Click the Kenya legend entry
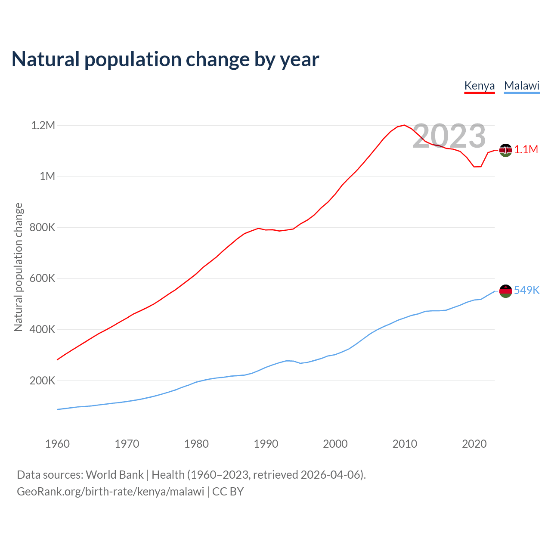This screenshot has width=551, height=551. (480, 86)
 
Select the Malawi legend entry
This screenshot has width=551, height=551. (522, 86)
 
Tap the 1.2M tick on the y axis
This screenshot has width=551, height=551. (43, 125)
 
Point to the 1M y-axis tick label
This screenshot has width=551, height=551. (47, 176)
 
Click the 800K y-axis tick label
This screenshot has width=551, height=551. (42, 227)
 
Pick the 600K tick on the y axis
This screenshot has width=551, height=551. (42, 278)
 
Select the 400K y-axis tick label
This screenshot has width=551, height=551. (42, 329)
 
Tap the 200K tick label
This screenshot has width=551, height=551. (42, 381)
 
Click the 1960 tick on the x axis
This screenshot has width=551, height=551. (57, 444)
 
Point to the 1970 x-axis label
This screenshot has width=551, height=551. (127, 444)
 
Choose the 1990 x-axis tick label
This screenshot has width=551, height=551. (266, 444)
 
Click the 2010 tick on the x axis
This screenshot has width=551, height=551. (405, 444)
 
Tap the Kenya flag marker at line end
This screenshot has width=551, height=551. (505, 150)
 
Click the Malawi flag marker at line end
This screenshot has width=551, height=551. (505, 291)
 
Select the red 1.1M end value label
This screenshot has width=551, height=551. (526, 149)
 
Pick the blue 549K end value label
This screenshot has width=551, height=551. (526, 290)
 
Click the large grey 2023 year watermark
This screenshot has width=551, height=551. (449, 136)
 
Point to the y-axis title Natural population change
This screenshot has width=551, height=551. (19, 267)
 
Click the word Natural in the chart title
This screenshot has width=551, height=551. (46, 59)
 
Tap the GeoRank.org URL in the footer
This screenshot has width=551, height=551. (110, 492)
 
